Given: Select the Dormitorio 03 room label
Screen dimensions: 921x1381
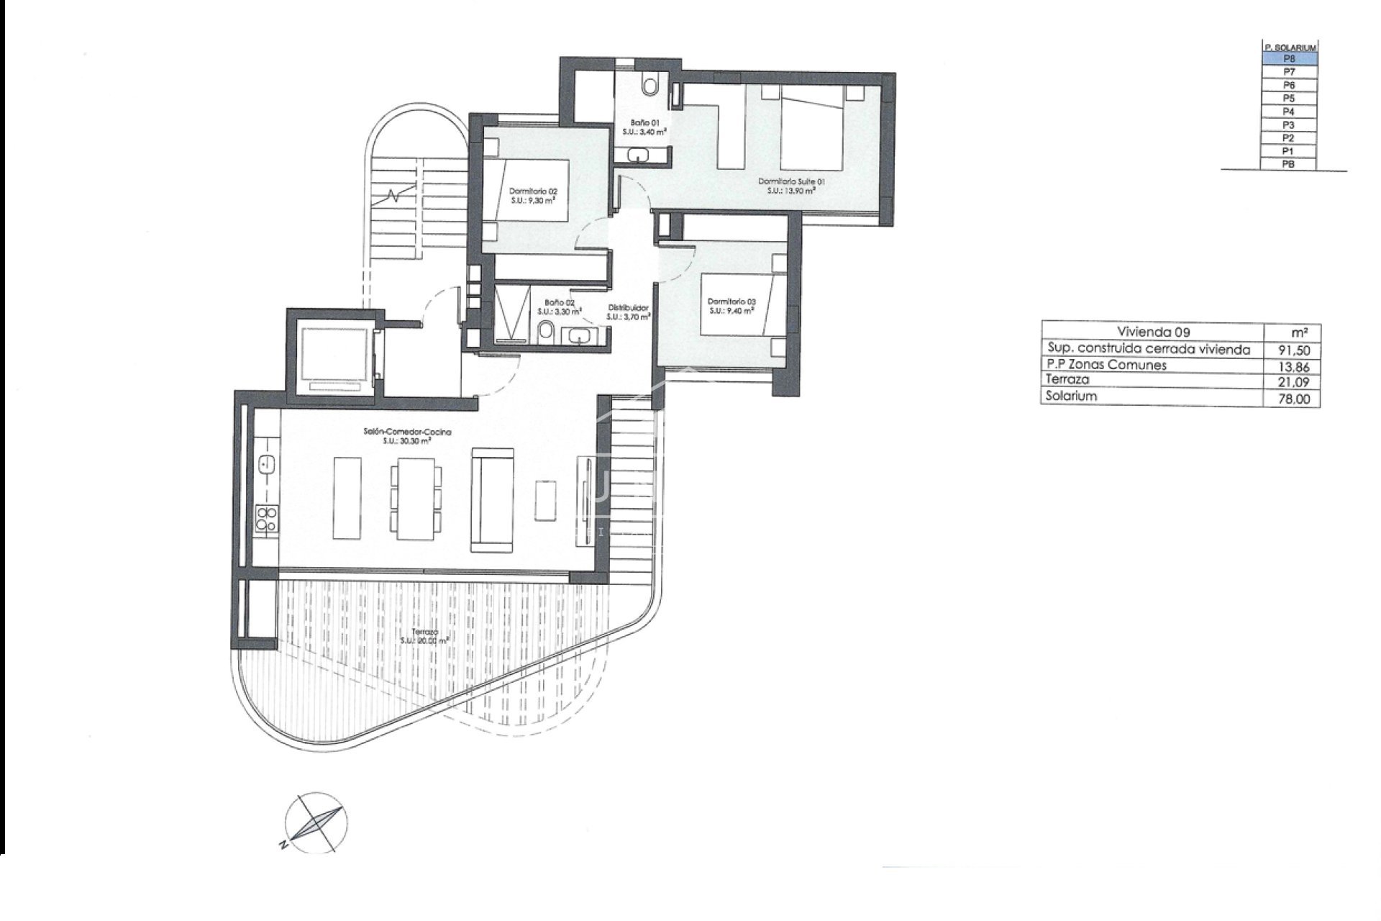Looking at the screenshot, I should click(731, 306).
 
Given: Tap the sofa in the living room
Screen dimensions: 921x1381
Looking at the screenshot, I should click(493, 498).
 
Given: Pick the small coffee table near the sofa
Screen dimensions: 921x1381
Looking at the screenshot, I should click(546, 499).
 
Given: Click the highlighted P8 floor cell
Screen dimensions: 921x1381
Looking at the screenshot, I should click(1289, 58).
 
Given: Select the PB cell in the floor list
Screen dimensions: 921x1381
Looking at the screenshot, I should click(1289, 164).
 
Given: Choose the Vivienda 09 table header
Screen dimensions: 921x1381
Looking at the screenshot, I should click(1153, 332).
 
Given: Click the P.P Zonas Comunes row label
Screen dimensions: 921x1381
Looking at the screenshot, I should click(1106, 365).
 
